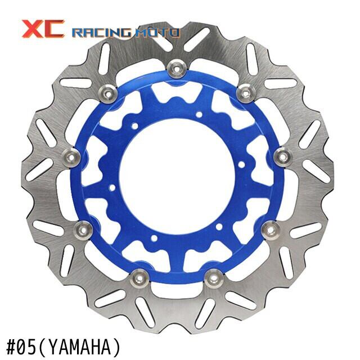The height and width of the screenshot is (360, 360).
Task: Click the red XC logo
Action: [43, 29]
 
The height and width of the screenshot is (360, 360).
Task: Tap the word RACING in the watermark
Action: [102, 33]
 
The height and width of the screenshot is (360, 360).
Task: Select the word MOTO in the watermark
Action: [156, 33]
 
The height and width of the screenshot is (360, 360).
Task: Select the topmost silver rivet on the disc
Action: [177, 69]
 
